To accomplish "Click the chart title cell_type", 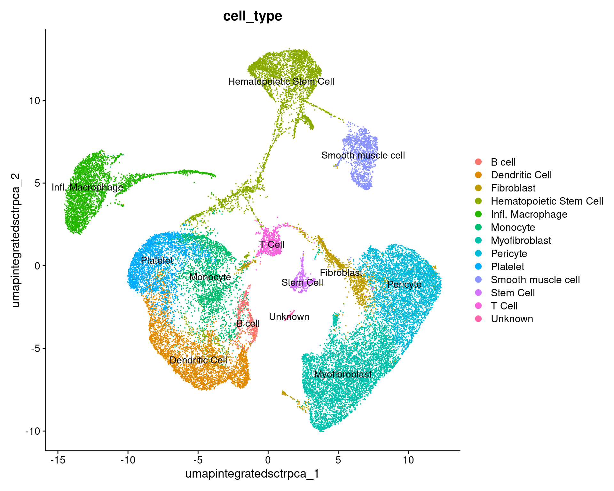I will click(x=252, y=16).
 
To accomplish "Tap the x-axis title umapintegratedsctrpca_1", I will click(x=252, y=473).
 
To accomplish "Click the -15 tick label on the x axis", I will click(x=58, y=460).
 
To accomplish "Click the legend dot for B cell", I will click(x=478, y=162).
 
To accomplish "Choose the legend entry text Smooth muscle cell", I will click(x=535, y=280).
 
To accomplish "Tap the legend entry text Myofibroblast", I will click(x=521, y=240).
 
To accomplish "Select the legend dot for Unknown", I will click(x=478, y=319).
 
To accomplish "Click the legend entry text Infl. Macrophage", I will click(x=529, y=214).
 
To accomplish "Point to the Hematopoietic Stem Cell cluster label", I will click(x=281, y=82).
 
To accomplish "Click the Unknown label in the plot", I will click(x=289, y=317).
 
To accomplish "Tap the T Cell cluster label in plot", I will click(x=272, y=245).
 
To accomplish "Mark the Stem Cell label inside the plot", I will click(x=302, y=283).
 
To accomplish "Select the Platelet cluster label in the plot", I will click(x=157, y=261).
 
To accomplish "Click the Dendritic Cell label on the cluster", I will click(x=198, y=360).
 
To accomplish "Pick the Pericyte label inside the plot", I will click(x=404, y=284).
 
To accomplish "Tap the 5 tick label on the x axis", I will click(x=338, y=460).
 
